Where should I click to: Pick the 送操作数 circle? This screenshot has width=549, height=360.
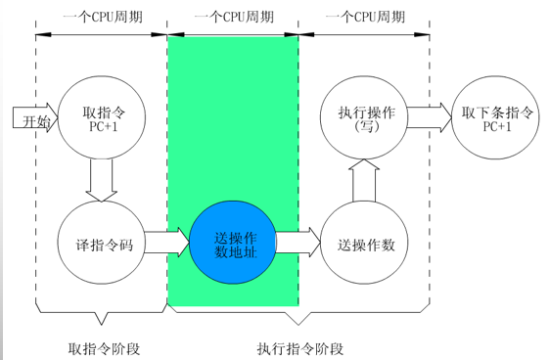coord(364,242)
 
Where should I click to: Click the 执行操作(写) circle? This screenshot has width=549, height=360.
coord(364,117)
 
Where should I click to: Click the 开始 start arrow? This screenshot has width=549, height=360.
coord(32,119)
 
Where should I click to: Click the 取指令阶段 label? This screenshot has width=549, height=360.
coord(102,348)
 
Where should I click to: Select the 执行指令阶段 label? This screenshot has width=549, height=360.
coord(300,348)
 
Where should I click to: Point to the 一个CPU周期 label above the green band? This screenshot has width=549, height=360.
coord(232,17)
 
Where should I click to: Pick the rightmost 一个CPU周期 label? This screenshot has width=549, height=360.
coord(364,17)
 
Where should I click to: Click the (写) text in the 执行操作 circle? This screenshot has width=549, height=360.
coord(364,127)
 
